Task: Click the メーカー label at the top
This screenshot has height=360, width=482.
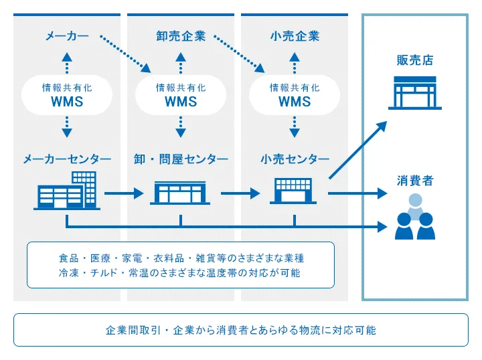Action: (67, 35)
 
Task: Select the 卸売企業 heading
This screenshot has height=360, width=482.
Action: (181, 35)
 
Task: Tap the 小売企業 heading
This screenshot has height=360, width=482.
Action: (295, 35)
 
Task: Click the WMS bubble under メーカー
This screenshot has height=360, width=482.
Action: (67, 95)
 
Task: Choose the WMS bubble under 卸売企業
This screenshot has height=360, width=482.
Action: (181, 95)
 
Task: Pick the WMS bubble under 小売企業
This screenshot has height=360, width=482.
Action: (295, 95)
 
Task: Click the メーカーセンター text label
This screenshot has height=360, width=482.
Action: (67, 159)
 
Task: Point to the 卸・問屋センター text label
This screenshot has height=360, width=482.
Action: (181, 159)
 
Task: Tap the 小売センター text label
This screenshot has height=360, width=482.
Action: (295, 159)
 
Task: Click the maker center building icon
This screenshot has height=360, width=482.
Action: (67, 189)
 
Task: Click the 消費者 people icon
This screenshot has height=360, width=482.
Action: (415, 217)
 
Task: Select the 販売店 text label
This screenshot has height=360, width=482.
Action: (415, 61)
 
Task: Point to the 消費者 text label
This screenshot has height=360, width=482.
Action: (415, 180)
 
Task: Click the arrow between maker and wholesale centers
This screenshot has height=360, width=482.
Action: (124, 194)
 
